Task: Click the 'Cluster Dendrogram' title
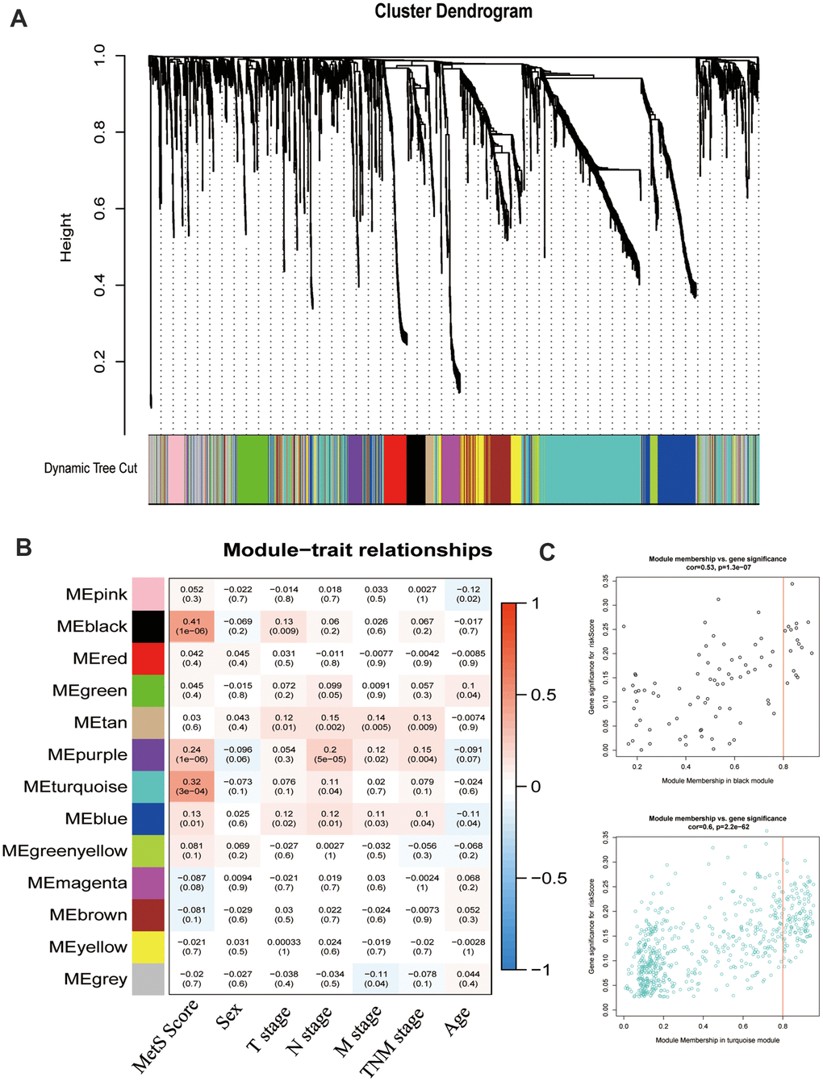pyautogui.click(x=453, y=12)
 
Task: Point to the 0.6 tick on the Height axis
pyautogui.click(x=99, y=209)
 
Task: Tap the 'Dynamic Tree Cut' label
pyautogui.click(x=90, y=468)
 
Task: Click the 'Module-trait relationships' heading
pyautogui.click(x=357, y=550)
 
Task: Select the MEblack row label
pyautogui.click(x=92, y=626)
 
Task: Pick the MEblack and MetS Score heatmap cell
pyautogui.click(x=192, y=626)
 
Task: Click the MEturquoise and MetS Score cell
pyautogui.click(x=192, y=787)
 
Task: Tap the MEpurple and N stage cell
pyautogui.click(x=330, y=754)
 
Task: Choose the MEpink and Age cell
pyautogui.click(x=468, y=594)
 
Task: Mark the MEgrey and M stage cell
pyautogui.click(x=376, y=979)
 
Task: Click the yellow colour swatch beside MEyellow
pyautogui.click(x=148, y=946)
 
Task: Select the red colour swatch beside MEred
pyautogui.click(x=148, y=658)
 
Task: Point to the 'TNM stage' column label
pyautogui.click(x=393, y=1042)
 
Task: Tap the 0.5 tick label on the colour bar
pyautogui.click(x=543, y=695)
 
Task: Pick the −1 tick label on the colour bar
pyautogui.click(x=542, y=970)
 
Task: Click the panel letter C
pyautogui.click(x=547, y=552)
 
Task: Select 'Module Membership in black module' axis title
pyautogui.click(x=717, y=780)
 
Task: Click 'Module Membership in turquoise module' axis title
pyautogui.click(x=717, y=1040)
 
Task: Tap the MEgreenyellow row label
pyautogui.click(x=65, y=850)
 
